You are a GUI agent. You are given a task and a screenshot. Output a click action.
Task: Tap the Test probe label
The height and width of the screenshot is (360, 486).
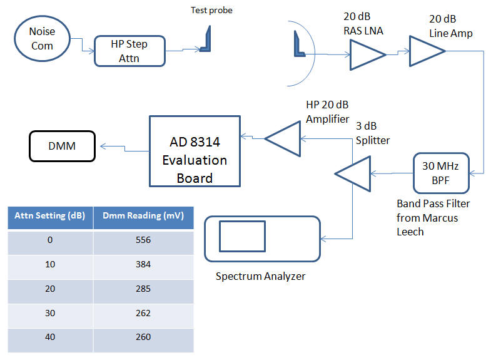point(211,10)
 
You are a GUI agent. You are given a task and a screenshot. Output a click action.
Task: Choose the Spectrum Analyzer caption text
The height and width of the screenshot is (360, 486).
point(260,276)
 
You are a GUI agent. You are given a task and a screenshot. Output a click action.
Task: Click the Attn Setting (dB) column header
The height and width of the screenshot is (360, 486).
point(50,216)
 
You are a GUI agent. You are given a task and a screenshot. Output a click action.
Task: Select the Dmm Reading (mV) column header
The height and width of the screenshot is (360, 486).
point(143,216)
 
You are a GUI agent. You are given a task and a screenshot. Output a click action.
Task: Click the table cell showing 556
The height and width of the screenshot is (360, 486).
point(143,240)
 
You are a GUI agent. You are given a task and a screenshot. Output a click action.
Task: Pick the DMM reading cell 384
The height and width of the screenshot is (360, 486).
point(143,264)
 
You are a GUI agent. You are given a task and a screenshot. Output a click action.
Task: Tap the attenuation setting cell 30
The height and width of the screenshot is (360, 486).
point(50,313)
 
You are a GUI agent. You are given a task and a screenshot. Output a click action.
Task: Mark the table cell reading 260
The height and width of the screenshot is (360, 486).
point(143,337)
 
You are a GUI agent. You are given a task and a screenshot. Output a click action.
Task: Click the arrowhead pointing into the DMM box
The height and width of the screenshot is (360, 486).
point(103,146)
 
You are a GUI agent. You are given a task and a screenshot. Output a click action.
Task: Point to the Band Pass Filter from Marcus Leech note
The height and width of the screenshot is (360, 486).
point(433,217)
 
